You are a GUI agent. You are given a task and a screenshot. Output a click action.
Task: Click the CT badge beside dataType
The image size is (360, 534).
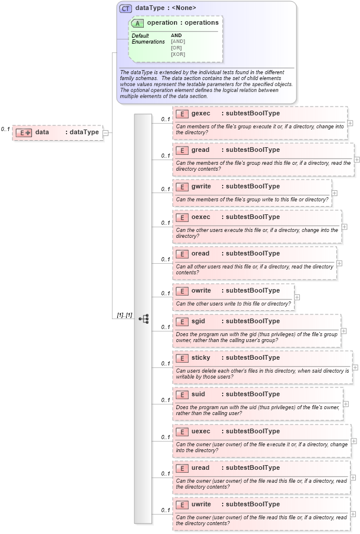pos(125,8)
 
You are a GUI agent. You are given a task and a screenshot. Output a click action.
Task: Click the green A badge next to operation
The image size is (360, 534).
pos(138,23)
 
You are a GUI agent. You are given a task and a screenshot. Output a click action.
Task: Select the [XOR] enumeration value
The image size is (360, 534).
pos(178,54)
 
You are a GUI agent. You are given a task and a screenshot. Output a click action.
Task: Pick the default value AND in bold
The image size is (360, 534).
pos(176,35)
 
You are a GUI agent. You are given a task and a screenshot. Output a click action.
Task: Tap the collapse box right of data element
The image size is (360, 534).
pos(105,132)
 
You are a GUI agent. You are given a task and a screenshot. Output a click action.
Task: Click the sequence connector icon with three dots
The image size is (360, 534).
pos(143,319)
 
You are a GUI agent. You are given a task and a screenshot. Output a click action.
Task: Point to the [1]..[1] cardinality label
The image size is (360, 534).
pos(124,316)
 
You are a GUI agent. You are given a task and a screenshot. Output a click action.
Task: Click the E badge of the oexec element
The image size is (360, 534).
pos(182,217)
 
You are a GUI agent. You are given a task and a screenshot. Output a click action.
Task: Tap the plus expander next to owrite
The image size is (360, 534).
pos(297,297)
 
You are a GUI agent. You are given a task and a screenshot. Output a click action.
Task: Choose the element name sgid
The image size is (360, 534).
pos(199,321)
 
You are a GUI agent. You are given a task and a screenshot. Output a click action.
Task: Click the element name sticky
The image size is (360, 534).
pos(201,357)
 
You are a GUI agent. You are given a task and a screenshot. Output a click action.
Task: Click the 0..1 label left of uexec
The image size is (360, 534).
pos(166,437)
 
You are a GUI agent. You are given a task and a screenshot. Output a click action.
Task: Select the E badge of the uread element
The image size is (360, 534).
pos(182,468)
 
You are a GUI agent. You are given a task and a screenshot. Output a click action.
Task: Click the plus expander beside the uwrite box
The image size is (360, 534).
pos(353,513)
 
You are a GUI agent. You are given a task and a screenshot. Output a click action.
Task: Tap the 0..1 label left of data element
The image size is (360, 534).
pos(5,129)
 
